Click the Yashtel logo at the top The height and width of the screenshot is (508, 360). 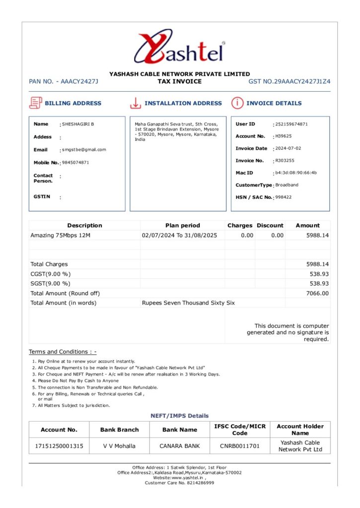click(x=179, y=48)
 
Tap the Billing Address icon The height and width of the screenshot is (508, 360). click(x=35, y=103)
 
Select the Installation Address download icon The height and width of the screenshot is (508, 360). click(x=135, y=103)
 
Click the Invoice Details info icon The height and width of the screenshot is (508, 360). click(x=237, y=103)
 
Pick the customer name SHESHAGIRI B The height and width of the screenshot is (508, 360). click(x=78, y=124)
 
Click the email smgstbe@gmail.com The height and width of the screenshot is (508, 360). click(x=84, y=149)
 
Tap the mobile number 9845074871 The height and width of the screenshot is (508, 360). click(x=75, y=162)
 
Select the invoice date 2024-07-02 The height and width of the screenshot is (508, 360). click(x=288, y=148)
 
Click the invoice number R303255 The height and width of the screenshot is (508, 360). click(x=285, y=161)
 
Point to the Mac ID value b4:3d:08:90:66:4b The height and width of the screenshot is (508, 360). click(x=296, y=173)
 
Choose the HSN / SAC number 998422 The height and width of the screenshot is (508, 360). click(x=284, y=197)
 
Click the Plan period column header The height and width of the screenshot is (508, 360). click(x=183, y=225)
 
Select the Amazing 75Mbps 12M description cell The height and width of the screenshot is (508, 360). click(x=61, y=235)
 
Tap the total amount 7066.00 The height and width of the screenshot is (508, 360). click(x=318, y=293)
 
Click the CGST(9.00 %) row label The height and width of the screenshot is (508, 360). click(x=51, y=274)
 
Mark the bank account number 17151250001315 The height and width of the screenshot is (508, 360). click(x=59, y=446)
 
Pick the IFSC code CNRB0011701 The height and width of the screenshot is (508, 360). click(x=240, y=446)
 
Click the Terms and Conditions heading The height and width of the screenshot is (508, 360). click(x=63, y=352)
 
